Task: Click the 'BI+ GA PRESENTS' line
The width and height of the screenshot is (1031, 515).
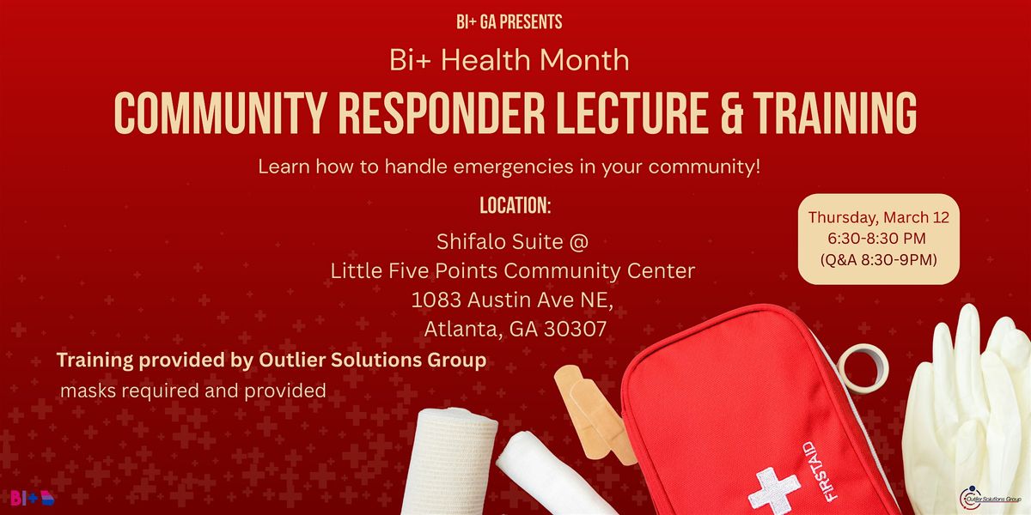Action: pos(509,22)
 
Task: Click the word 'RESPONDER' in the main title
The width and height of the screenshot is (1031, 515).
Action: pos(442,113)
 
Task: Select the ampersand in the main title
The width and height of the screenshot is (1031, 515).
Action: pos(732,113)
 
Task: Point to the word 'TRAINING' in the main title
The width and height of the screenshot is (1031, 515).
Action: pos(835,113)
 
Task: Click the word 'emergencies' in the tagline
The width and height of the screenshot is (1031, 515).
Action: pos(513,167)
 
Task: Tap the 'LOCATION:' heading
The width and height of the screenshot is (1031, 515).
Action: pos(515,205)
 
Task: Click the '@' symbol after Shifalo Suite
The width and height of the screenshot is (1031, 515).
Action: pos(579,242)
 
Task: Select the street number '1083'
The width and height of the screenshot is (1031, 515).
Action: pos(436,300)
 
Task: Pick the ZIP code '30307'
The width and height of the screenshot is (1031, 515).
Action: pos(576,330)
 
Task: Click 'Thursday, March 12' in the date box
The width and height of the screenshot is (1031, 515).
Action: pos(879,217)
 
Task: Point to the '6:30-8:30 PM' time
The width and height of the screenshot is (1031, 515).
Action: pos(877,239)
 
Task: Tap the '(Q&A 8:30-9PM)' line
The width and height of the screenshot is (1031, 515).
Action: pos(879,260)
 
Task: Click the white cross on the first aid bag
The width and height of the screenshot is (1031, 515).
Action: pos(774,490)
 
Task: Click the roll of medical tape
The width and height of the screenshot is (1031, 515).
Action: pos(863,369)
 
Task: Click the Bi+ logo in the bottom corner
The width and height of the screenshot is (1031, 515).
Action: pos(33,498)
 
